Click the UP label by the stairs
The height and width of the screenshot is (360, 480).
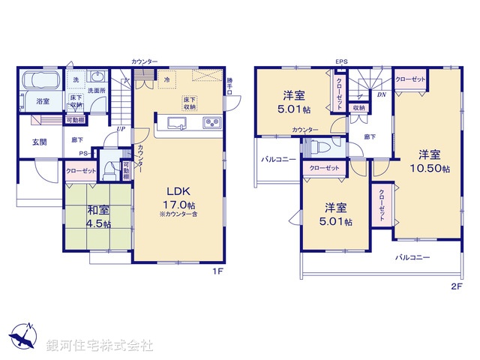click(120, 129)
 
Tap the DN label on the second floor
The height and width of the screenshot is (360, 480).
click(381, 95)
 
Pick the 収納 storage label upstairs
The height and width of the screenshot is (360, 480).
click(358, 108)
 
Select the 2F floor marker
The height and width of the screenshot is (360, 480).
click(457, 286)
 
